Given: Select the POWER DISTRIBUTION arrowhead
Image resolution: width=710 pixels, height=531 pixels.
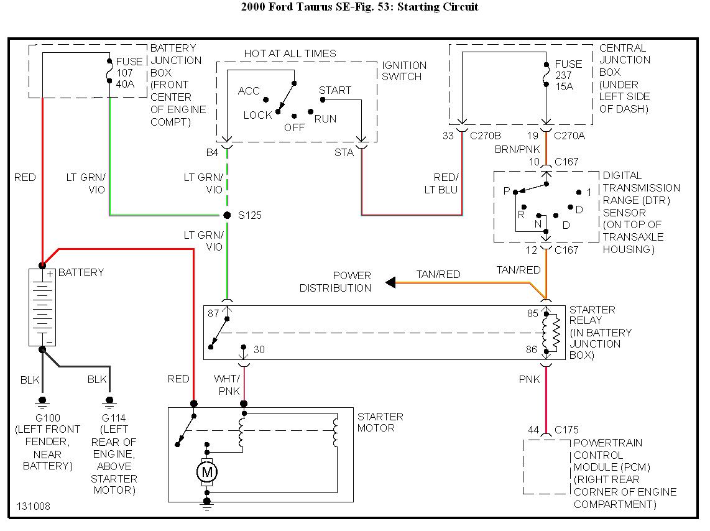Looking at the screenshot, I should pos(390,283).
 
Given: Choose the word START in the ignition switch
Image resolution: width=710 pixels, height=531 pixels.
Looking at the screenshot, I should pos(335,90).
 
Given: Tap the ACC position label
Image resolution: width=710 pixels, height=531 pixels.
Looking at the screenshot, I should pos(249,91).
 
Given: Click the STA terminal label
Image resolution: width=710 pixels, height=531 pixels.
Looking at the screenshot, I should pos(344,152).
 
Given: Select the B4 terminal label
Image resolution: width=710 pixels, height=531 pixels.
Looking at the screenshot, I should pos(212,152).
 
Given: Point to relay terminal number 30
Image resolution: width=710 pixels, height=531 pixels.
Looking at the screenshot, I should pos(259,350).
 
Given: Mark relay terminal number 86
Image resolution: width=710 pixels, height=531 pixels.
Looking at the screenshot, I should pos(532,350).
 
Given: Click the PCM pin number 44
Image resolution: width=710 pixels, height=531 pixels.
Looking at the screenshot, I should pos(533,430).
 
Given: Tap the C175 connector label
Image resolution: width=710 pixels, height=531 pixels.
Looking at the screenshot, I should pos(566,430).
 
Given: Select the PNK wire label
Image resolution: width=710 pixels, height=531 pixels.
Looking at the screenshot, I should pos(530,379).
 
